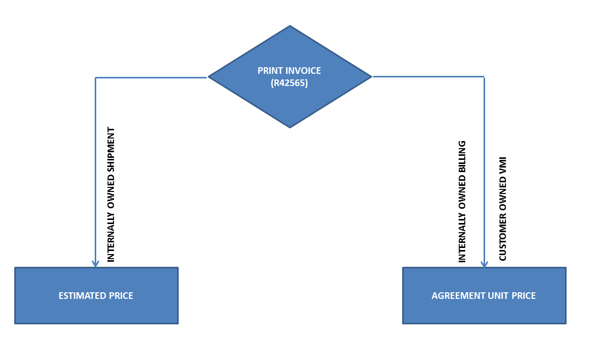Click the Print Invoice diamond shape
(x=290, y=102)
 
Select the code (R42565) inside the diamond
(x=289, y=83)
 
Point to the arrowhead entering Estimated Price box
(x=95, y=263)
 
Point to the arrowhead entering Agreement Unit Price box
(x=484, y=264)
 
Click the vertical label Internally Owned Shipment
(x=111, y=195)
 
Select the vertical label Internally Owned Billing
(x=462, y=202)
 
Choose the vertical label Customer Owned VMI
(x=502, y=209)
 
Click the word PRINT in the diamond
(x=269, y=71)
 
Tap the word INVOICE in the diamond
(x=302, y=71)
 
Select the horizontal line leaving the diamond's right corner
(x=428, y=77)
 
